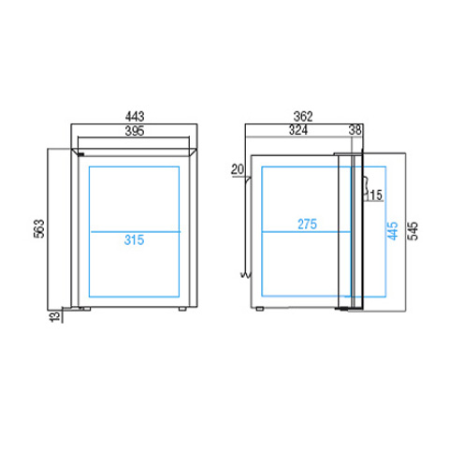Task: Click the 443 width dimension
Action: click(x=135, y=117)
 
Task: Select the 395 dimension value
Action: click(x=135, y=131)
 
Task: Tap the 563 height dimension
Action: click(x=39, y=229)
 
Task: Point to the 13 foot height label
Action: click(x=55, y=316)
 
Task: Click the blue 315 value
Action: click(x=134, y=239)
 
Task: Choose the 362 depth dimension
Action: click(x=303, y=117)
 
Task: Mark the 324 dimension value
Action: click(x=298, y=130)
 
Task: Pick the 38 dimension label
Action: click(x=355, y=130)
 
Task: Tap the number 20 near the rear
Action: click(x=238, y=169)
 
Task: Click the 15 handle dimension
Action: click(x=375, y=196)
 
